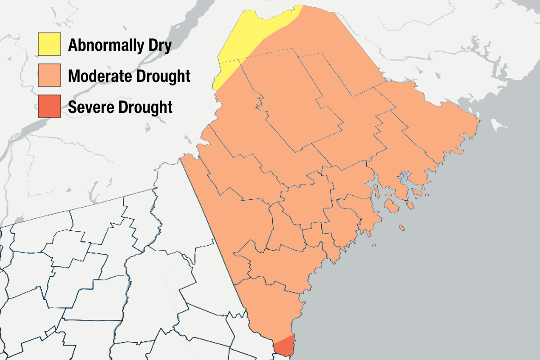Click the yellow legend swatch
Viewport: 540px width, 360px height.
click(x=49, y=44)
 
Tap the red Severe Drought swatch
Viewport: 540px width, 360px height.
click(x=49, y=107)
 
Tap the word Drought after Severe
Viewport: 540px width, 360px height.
click(x=146, y=107)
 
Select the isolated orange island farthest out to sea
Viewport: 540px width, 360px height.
click(x=374, y=245)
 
